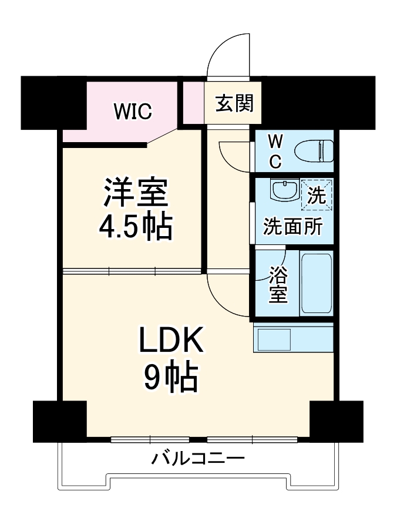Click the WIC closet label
133,110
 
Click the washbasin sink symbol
285,190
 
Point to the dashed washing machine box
317,194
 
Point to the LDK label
170,341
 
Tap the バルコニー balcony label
198,458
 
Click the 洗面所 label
292,226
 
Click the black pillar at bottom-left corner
59,421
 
